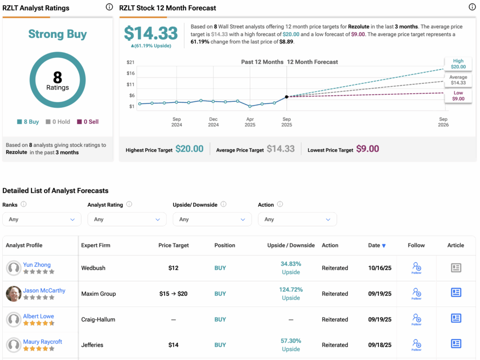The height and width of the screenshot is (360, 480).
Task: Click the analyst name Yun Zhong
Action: click(x=37, y=265)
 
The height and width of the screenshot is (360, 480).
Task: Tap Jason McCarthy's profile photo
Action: click(x=14, y=294)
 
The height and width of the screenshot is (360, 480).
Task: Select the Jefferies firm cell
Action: click(x=92, y=345)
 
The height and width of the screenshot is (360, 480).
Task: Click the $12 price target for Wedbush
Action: click(x=173, y=268)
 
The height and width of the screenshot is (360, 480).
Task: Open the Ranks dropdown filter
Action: click(x=42, y=219)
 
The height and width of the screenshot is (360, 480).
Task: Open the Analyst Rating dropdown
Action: click(x=127, y=219)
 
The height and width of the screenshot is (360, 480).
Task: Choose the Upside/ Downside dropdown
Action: click(x=212, y=219)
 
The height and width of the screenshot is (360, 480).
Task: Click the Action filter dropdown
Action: click(x=297, y=219)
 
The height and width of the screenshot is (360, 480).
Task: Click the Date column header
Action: click(x=377, y=245)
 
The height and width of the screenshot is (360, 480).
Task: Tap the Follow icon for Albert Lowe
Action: click(x=416, y=319)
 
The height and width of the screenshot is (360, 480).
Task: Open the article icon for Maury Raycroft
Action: click(x=456, y=344)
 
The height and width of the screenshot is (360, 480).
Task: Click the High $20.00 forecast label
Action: click(x=458, y=64)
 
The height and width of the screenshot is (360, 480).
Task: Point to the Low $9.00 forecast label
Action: click(x=458, y=96)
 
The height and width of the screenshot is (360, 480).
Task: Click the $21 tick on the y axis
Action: click(x=131, y=62)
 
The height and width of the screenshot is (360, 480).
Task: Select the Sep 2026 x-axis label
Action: click(x=443, y=122)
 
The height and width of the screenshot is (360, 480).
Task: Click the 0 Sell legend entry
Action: click(x=88, y=122)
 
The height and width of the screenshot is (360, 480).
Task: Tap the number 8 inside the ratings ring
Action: click(x=58, y=77)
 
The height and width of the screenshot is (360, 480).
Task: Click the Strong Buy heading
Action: click(x=57, y=34)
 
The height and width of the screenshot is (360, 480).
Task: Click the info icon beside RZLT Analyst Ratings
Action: click(x=109, y=7)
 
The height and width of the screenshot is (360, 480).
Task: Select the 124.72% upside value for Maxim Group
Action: click(x=291, y=290)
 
